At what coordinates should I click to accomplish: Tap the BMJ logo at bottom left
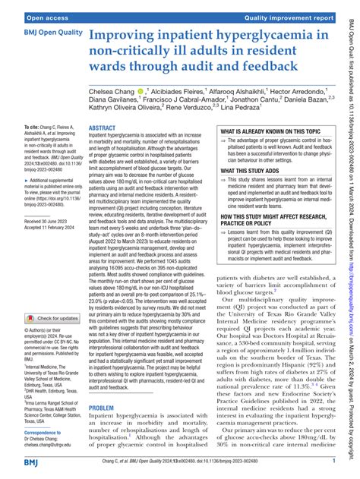point(17,462)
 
